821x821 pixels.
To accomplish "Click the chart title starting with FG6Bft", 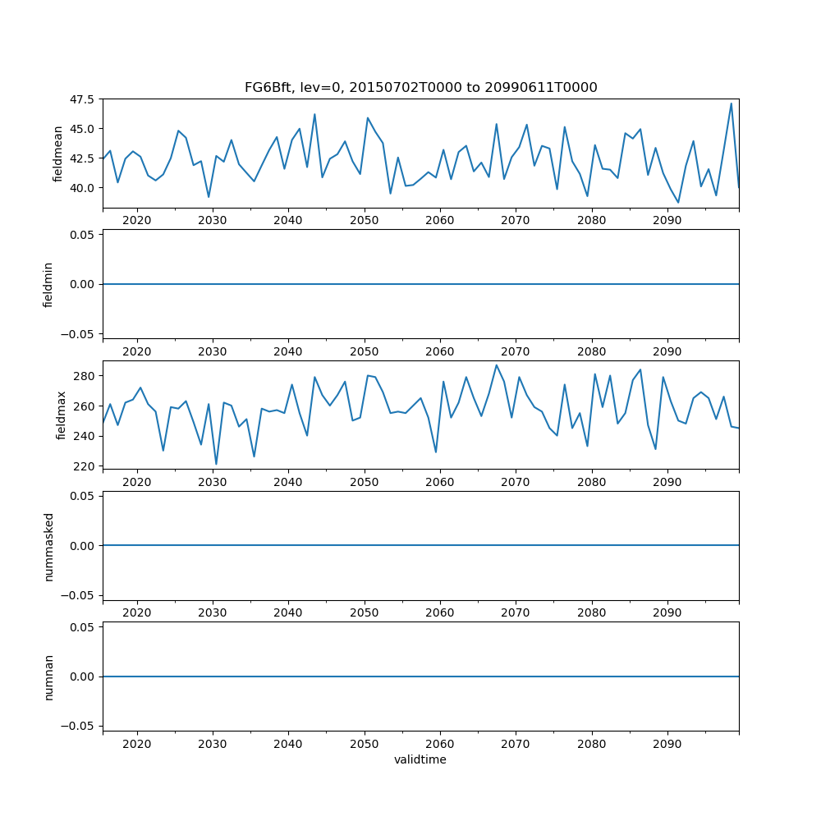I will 420,87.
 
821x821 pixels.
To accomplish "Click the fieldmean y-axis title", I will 57,154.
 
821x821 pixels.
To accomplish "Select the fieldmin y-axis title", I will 48,284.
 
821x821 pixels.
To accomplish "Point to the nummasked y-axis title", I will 48,545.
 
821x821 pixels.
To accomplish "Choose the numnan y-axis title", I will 48,677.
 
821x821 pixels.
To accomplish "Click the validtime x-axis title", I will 420,760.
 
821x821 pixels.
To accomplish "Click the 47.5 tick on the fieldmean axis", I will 80,100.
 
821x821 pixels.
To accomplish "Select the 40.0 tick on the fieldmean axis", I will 80,188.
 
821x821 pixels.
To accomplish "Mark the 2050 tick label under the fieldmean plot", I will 364,220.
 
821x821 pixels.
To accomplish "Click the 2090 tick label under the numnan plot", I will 667,744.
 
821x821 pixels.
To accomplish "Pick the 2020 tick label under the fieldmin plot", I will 136,351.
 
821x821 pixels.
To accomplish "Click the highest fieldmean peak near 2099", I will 731,103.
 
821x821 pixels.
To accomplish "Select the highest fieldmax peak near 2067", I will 496,365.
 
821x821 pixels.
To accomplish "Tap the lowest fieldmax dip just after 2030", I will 216,464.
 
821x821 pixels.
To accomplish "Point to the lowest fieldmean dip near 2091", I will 678,202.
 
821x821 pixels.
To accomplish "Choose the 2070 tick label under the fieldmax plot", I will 515,482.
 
